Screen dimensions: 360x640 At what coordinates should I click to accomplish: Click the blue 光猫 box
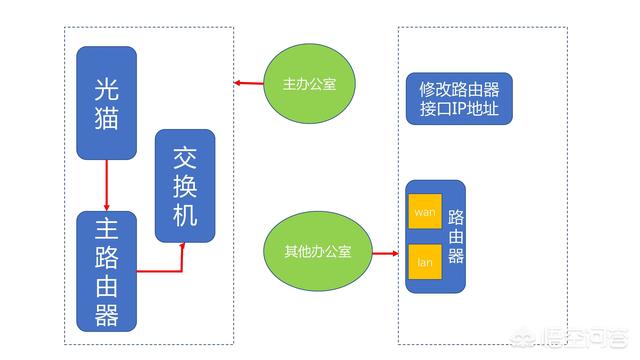coord(106,102)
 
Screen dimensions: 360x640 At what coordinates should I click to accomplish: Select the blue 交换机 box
coord(185,185)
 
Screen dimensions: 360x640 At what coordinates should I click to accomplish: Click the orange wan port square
coord(425,212)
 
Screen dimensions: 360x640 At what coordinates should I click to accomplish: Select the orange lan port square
coord(425,262)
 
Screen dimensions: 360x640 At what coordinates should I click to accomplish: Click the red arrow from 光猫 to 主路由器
coord(106,185)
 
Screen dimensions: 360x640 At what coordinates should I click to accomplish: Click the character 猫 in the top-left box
coord(106,120)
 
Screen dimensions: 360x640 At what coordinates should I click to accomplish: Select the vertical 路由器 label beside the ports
coord(456,236)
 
